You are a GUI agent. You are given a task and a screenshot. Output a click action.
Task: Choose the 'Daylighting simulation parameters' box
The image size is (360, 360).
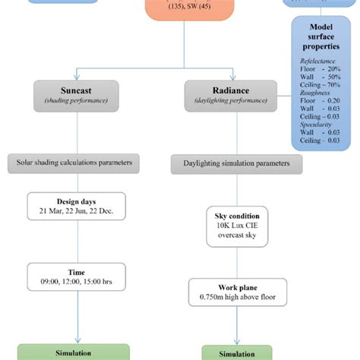[x=235, y=163]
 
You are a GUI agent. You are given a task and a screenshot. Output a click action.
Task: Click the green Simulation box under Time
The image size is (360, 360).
[x=74, y=352]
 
